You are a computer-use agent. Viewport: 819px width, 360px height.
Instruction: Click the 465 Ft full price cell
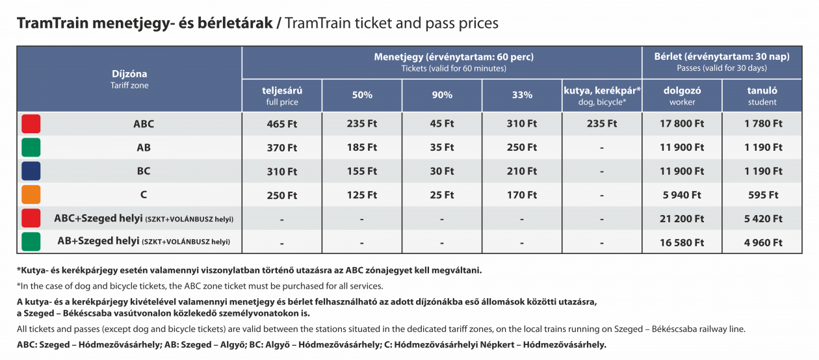[281, 124]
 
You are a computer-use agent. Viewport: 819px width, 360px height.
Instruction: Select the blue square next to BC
[31, 171]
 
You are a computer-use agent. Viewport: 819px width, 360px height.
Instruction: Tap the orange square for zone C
[31, 194]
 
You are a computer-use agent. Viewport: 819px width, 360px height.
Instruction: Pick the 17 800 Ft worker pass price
[682, 124]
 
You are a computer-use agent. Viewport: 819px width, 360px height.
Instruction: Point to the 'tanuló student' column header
[762, 96]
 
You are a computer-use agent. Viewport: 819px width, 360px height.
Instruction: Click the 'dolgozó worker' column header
[682, 96]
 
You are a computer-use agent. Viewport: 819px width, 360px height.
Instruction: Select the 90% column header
[442, 95]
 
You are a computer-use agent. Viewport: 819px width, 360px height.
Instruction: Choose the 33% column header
[522, 95]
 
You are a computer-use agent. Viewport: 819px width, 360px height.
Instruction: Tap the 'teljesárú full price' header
[282, 96]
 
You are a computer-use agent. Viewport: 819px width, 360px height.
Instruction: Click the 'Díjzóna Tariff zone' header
[129, 79]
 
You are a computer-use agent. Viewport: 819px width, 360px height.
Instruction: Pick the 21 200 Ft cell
[682, 219]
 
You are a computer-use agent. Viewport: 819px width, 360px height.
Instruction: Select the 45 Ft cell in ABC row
[442, 124]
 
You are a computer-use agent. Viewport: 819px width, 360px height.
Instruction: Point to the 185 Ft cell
[362, 148]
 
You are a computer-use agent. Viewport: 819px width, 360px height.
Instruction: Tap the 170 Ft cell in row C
[522, 195]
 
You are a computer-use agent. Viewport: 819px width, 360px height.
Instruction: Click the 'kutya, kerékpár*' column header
[602, 96]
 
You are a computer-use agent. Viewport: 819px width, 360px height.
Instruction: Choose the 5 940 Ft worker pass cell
[682, 195]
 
